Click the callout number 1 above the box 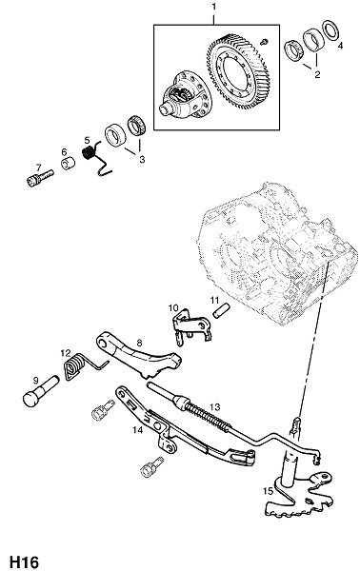pos(214,7)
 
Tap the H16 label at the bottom pos(24,561)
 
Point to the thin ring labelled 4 pos(330,30)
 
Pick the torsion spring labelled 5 pos(94,158)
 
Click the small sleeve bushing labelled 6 pos(68,163)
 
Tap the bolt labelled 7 pos(40,177)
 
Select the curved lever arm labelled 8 pos(138,357)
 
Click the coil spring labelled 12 pos(82,365)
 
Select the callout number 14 pos(138,430)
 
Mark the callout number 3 pos(142,159)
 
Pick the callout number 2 pos(317,74)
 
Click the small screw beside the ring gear pos(264,42)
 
